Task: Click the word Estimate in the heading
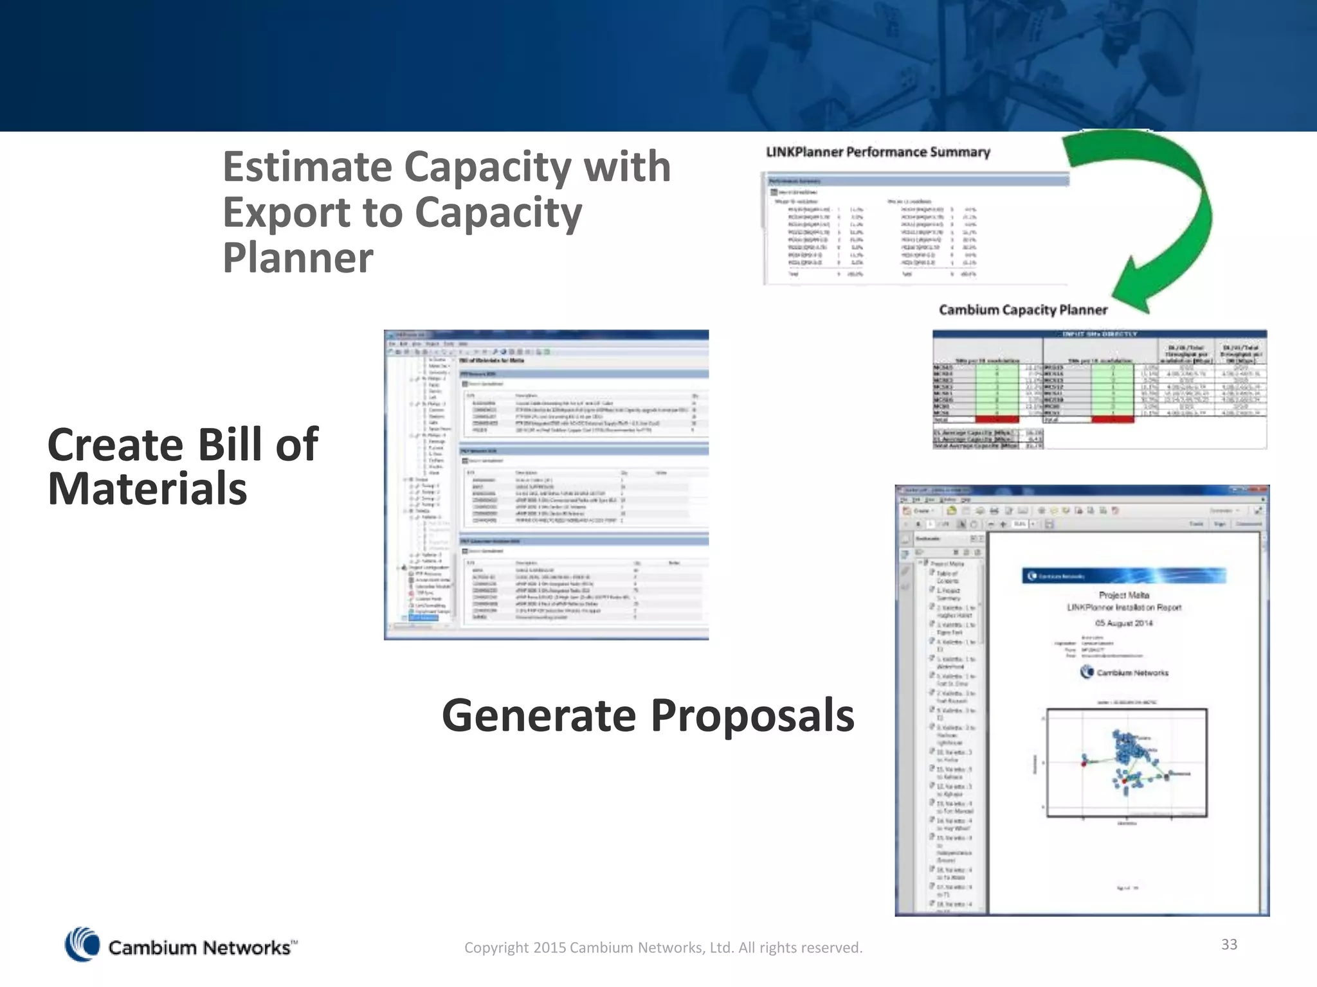tap(307, 167)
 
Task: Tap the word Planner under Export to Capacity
tap(298, 258)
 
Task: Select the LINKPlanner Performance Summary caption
tap(878, 152)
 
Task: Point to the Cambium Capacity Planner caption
tap(1023, 310)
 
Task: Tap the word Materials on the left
tap(147, 489)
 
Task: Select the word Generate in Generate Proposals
tap(539, 715)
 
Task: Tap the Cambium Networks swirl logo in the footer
tap(82, 945)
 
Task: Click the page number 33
tap(1229, 944)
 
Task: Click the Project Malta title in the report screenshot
tap(1123, 595)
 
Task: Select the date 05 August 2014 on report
tap(1123, 623)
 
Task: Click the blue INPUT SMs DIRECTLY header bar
tap(1099, 334)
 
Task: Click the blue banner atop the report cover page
tap(1123, 576)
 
